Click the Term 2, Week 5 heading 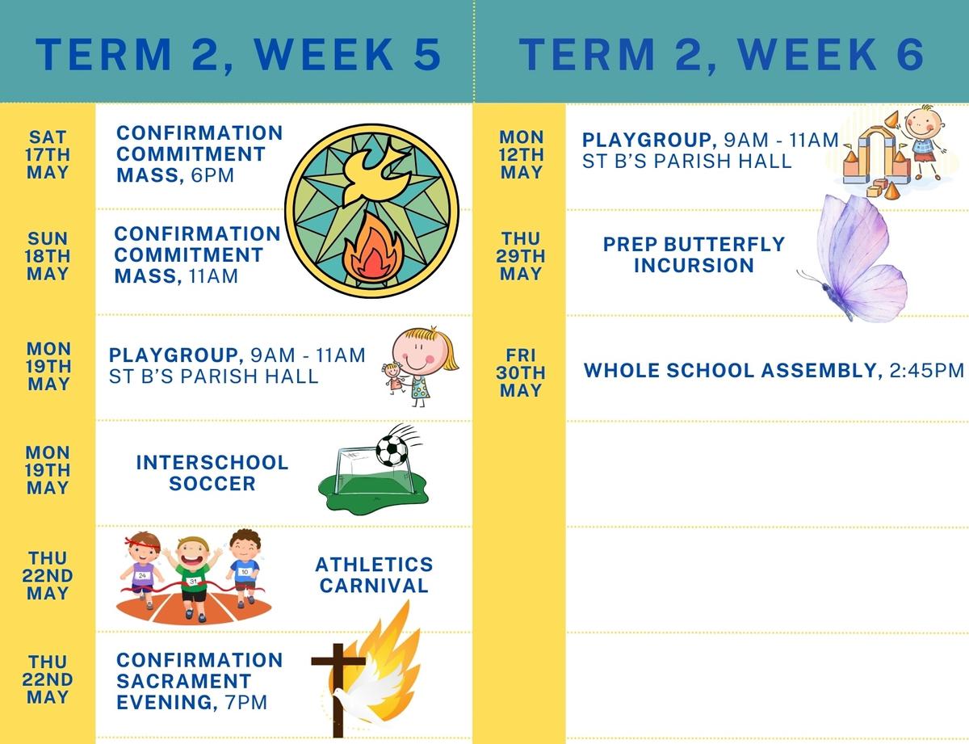[238, 54]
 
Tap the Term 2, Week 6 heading [722, 54]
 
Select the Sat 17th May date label [48, 154]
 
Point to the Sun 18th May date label [48, 256]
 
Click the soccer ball [392, 451]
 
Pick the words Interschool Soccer [212, 473]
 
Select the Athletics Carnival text [374, 575]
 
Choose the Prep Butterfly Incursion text [694, 254]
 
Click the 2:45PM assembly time [927, 371]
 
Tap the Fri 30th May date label [520, 373]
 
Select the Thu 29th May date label [520, 256]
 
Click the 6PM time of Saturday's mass [212, 175]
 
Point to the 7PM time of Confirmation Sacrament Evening [245, 703]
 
